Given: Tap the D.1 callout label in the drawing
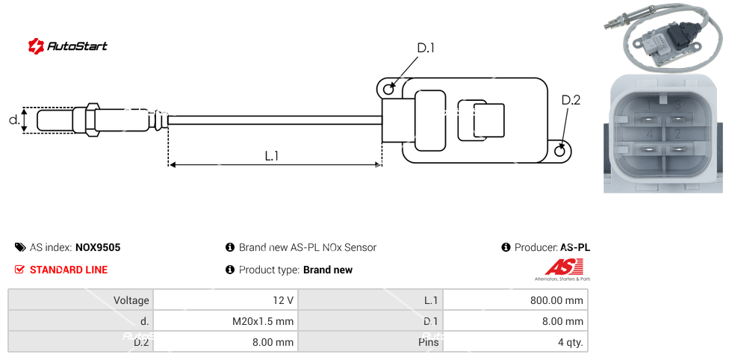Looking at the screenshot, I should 426,49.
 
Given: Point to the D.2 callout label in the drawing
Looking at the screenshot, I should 571,100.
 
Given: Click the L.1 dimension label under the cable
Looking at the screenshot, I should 272,156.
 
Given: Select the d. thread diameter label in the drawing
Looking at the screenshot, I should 14,120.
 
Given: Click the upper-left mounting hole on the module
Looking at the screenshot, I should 388,90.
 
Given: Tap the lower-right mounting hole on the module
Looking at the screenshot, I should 561,151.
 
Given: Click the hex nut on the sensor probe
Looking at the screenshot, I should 93,120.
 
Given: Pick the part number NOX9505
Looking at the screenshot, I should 98,247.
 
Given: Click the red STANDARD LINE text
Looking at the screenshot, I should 69,270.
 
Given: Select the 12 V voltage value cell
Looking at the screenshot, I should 225,300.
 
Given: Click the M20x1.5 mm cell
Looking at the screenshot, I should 225,322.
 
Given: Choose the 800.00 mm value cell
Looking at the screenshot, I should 515,300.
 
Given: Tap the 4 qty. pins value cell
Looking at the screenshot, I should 515,343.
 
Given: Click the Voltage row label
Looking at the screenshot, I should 81,300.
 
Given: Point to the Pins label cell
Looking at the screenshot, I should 370,343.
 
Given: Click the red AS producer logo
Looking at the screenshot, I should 559,267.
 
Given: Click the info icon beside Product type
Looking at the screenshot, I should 230,270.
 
